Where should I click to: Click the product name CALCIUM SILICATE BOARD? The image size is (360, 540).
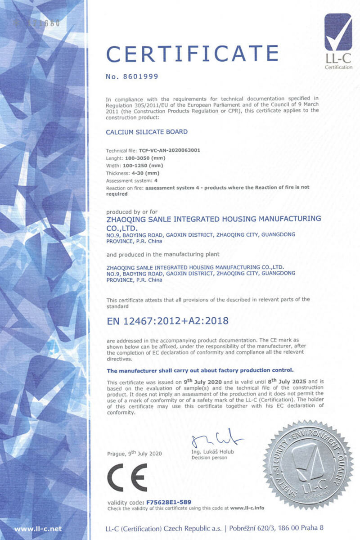pos(147,132)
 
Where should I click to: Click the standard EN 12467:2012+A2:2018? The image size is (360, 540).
pos(167,321)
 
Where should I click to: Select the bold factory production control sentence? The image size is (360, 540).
pos(200,370)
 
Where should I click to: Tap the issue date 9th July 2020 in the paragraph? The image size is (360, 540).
pos(198,381)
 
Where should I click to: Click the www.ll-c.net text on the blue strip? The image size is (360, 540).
pos(38,529)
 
